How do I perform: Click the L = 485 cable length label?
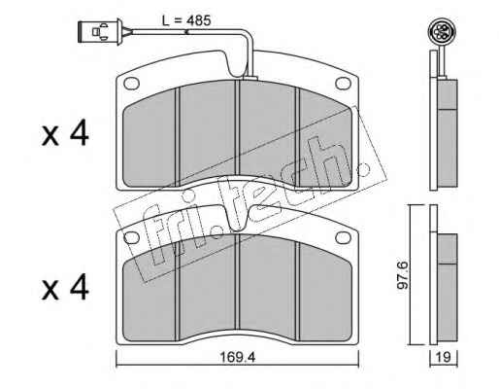click(x=186, y=20)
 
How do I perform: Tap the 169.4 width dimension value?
click(x=238, y=357)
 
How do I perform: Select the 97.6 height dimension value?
click(x=403, y=274)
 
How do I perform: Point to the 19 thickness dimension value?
click(x=444, y=357)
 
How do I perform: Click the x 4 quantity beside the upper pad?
click(x=65, y=133)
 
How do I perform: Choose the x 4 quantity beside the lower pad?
click(x=65, y=287)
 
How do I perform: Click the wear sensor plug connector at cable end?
click(x=101, y=32)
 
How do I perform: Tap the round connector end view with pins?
click(x=438, y=32)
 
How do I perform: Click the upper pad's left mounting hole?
click(x=131, y=84)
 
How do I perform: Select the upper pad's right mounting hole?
click(x=344, y=84)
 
